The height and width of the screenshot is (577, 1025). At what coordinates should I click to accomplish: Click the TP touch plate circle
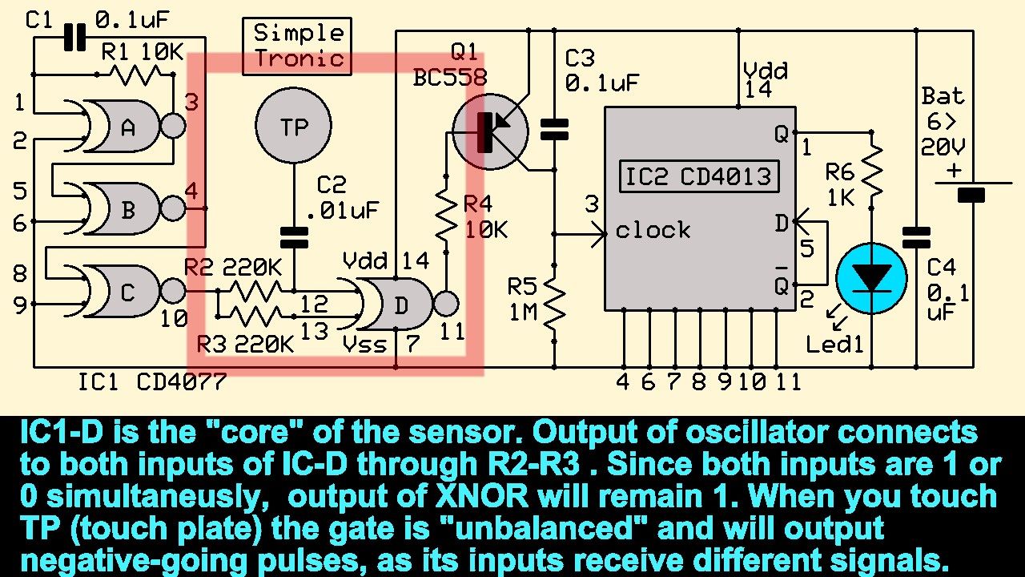pyautogui.click(x=293, y=127)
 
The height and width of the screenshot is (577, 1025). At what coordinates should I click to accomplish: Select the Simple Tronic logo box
pyautogui.click(x=297, y=46)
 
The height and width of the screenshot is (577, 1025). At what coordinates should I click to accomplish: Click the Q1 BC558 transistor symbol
pyautogui.click(x=489, y=131)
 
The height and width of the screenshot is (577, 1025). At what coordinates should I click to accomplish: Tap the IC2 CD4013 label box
pyautogui.click(x=698, y=176)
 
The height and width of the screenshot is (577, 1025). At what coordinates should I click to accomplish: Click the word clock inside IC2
pyautogui.click(x=653, y=231)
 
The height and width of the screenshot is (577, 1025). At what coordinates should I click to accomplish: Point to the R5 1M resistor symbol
pyautogui.click(x=553, y=301)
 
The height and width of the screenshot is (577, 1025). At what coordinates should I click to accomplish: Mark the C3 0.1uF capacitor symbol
pyautogui.click(x=553, y=129)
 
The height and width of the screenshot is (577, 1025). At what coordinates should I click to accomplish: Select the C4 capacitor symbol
pyautogui.click(x=916, y=237)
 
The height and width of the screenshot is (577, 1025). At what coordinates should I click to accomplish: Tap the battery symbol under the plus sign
pyautogui.click(x=971, y=192)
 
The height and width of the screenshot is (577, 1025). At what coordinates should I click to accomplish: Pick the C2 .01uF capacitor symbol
pyautogui.click(x=293, y=236)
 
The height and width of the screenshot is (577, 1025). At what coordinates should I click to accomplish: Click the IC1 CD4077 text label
pyautogui.click(x=151, y=382)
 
